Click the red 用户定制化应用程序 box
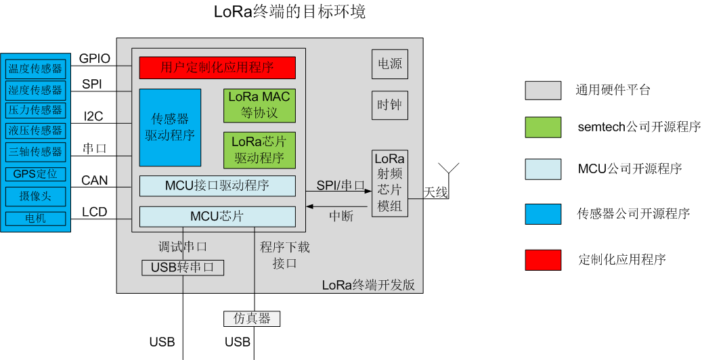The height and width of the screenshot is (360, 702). click(217, 68)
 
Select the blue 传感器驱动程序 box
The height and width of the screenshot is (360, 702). click(170, 127)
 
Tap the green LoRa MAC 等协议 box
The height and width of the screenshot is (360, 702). click(259, 106)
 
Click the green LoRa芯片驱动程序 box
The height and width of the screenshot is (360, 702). click(259, 150)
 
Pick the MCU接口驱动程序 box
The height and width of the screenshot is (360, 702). click(217, 185)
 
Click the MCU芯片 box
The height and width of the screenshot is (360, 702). click(217, 217)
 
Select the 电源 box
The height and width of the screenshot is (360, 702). click(390, 64)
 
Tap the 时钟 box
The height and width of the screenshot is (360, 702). click(390, 106)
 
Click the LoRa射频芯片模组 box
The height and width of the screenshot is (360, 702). click(389, 183)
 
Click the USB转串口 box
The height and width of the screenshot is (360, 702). click(183, 267)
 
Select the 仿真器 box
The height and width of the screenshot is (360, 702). click(252, 318)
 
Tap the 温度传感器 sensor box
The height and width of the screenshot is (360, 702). click(35, 69)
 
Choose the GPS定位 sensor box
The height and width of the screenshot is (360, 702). click(35, 174)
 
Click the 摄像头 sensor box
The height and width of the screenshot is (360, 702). click(35, 196)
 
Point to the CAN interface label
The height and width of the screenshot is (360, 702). click(95, 181)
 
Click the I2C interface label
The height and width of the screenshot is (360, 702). click(93, 116)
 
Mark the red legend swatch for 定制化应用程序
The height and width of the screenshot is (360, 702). click(543, 259)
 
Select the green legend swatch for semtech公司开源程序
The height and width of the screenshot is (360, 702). click(543, 127)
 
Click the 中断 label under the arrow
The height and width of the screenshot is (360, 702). click(341, 217)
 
